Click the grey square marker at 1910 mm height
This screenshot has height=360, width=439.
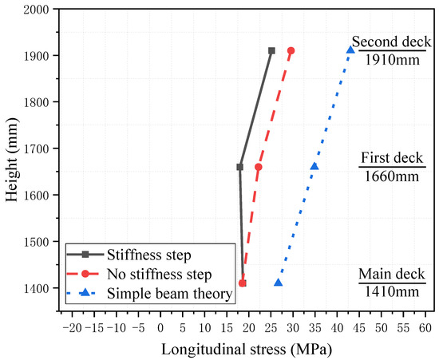point(271,50)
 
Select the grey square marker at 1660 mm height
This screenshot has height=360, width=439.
point(239,167)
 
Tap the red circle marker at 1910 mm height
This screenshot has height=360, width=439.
point(291,50)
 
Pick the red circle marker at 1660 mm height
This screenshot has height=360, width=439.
point(258,167)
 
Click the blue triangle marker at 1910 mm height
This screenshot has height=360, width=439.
point(350,50)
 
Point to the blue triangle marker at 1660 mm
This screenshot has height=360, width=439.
point(314,166)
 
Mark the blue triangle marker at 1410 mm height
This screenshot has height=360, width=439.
point(278,283)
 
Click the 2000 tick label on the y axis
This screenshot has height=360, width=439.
point(35,10)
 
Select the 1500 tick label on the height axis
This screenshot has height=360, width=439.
point(35,241)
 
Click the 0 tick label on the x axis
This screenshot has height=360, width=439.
point(160,327)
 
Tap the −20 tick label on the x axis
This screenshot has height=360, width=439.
point(72,327)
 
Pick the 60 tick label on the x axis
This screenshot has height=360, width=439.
point(425,327)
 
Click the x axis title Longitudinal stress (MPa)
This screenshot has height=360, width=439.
point(248,349)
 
